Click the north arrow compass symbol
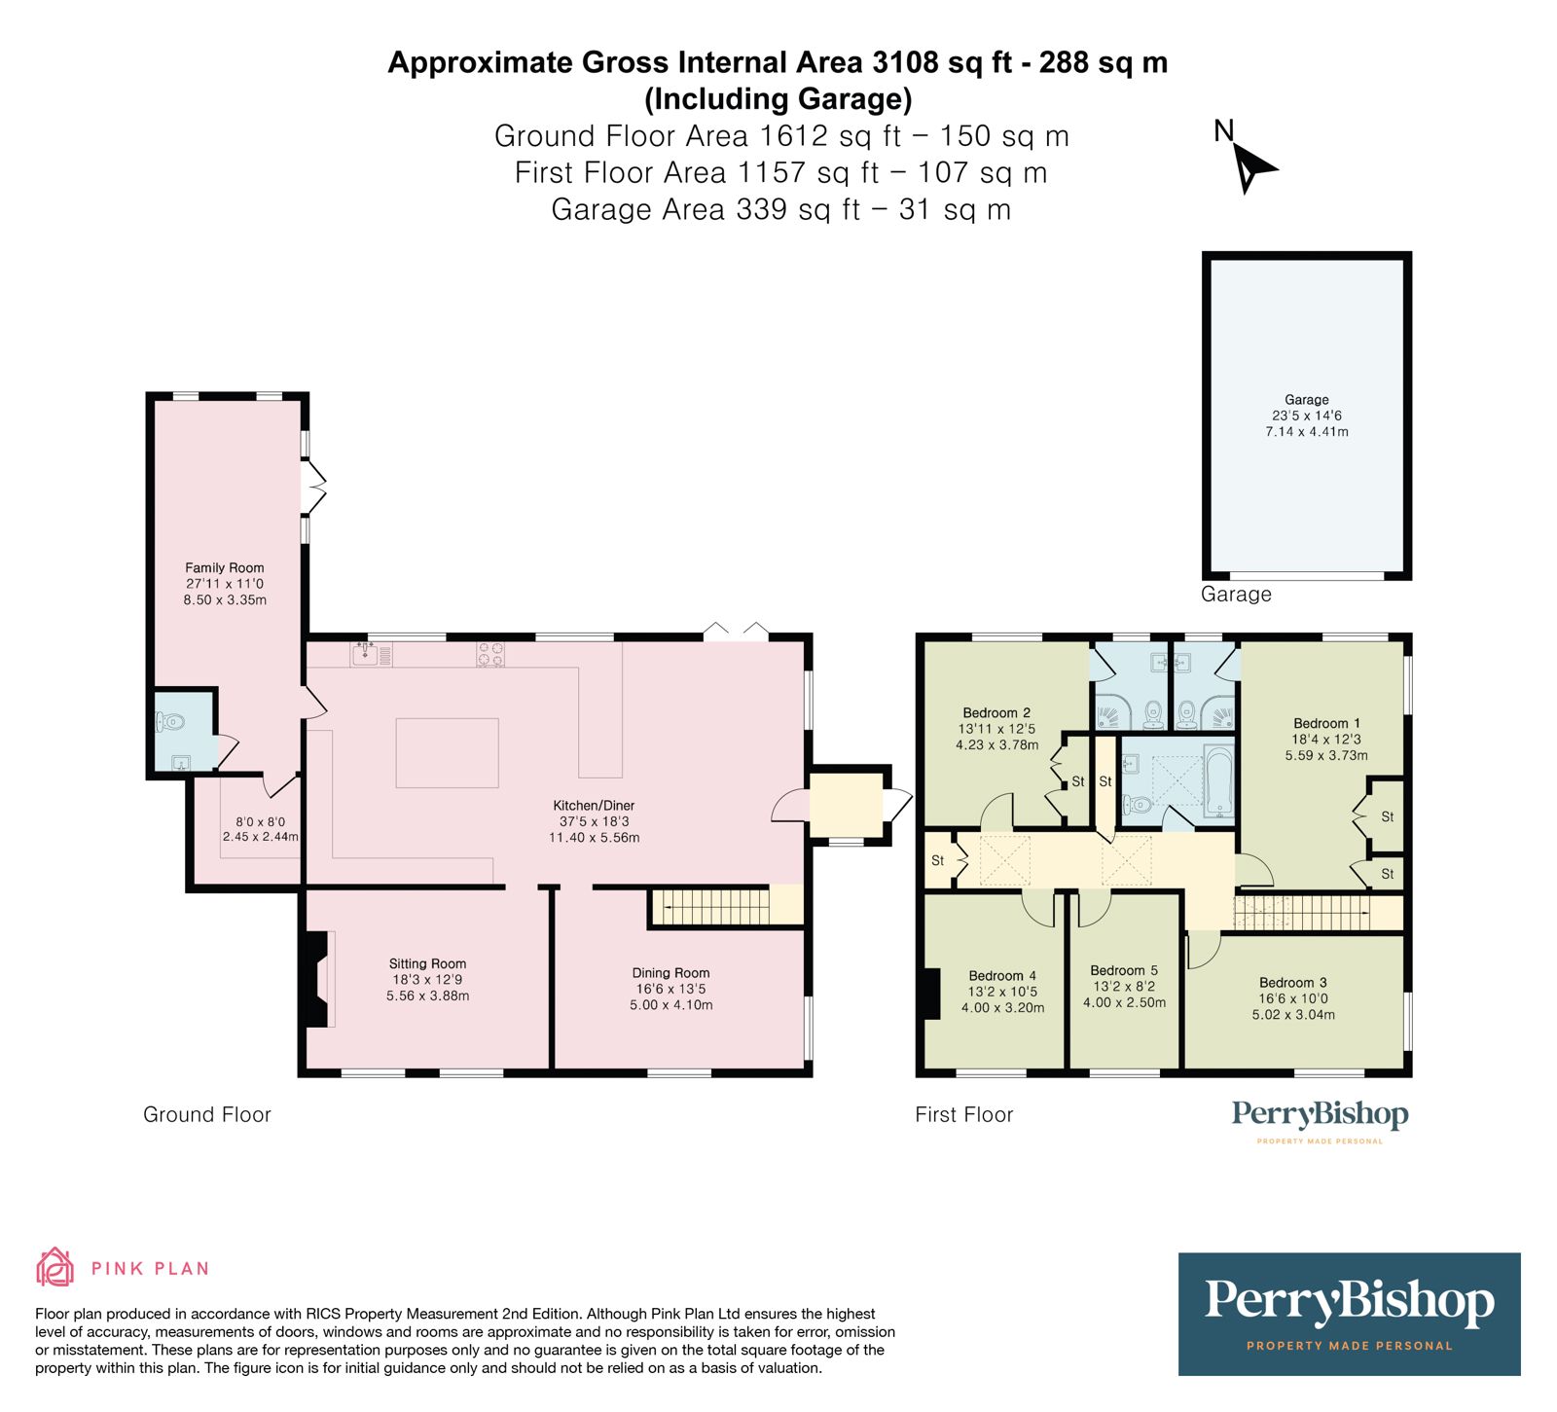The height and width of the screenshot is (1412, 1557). coord(1251,167)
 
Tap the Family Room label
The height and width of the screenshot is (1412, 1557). coord(225,567)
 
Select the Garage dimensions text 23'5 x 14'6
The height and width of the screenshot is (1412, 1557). coord(1306,416)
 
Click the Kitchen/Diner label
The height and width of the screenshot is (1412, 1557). coord(594,806)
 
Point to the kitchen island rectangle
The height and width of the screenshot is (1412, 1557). coord(447,752)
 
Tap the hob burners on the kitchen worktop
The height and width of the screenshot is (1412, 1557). coord(489,654)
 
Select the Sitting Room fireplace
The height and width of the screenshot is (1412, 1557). coord(315,978)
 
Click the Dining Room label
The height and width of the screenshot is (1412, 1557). coord(670,973)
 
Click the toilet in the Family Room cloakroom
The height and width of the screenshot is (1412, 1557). coord(169,722)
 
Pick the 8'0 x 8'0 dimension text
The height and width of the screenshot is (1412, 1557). coord(261,821)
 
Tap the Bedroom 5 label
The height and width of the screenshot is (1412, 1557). coord(1124,970)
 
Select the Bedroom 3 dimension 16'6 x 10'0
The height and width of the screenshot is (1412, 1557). coord(1293,998)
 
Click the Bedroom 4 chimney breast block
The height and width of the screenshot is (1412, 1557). coord(931,994)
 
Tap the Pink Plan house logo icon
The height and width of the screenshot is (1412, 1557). coord(55,1267)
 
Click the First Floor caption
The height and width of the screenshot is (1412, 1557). coord(963,1115)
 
